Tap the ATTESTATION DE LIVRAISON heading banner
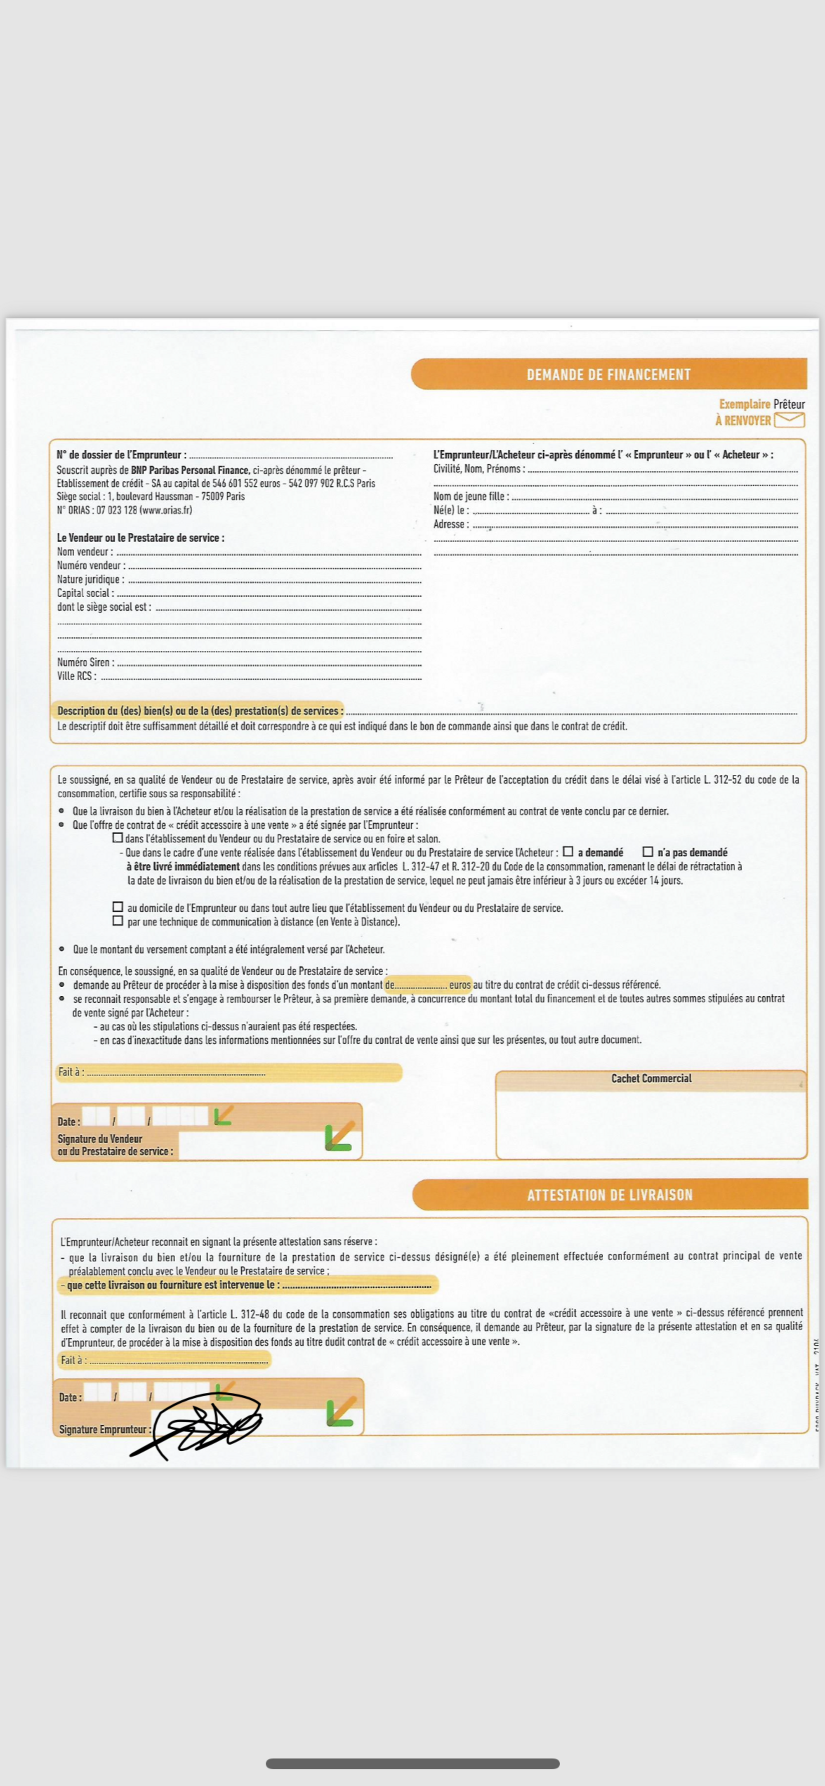(x=609, y=1195)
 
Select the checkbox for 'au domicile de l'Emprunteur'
(x=118, y=907)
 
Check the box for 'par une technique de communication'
(x=118, y=921)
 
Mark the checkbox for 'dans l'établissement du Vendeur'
(x=118, y=838)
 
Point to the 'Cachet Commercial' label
(x=651, y=1078)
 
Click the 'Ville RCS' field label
(x=76, y=676)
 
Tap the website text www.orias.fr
(x=166, y=510)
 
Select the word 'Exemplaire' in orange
(x=744, y=404)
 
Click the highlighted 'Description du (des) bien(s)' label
(x=200, y=711)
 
